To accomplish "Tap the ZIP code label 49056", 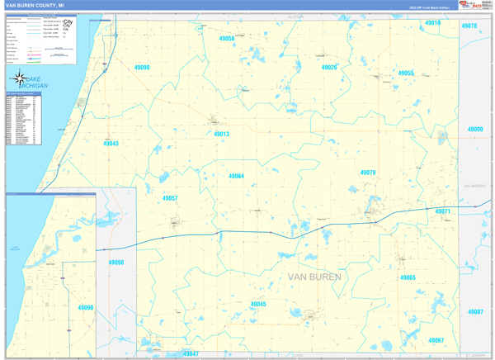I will pos(226,39).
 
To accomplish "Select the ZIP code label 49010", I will pos(432,24).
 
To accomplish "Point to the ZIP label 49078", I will pos(469,26).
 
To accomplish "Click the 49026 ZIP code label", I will pos(329,67).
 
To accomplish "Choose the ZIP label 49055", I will pos(406,73).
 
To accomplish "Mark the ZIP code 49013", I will pos(221,134).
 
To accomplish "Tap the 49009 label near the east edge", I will pos(475,130).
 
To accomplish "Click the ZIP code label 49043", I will pos(111,144).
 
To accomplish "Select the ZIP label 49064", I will pos(236,176).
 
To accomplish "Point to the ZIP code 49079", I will pos(368,173).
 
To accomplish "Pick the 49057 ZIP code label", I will pos(170,199).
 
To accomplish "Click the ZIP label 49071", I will pos(443,212).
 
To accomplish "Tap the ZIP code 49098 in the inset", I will pos(115,263).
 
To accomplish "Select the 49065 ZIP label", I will pos(408,278).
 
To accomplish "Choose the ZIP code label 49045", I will pos(258,305).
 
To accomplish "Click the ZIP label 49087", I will pos(474,312).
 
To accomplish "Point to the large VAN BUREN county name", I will pos(313,276).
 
